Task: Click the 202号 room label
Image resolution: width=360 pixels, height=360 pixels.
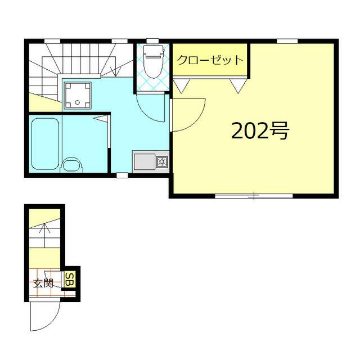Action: coord(260,130)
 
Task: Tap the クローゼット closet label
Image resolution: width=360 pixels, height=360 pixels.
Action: coord(210,60)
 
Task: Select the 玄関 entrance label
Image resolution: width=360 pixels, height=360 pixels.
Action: coord(43,283)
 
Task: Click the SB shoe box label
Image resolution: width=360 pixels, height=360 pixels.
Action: coord(70,279)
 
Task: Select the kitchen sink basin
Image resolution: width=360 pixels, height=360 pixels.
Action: coord(145,163)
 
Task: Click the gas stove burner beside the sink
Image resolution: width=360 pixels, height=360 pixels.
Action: coord(162,163)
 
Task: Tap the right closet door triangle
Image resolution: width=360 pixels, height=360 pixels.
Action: coord(238,85)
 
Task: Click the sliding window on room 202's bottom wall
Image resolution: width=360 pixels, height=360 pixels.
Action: coord(254,196)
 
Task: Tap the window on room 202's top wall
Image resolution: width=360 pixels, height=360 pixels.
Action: coord(287,40)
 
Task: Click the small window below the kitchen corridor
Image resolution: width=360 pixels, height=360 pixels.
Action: coord(122,175)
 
